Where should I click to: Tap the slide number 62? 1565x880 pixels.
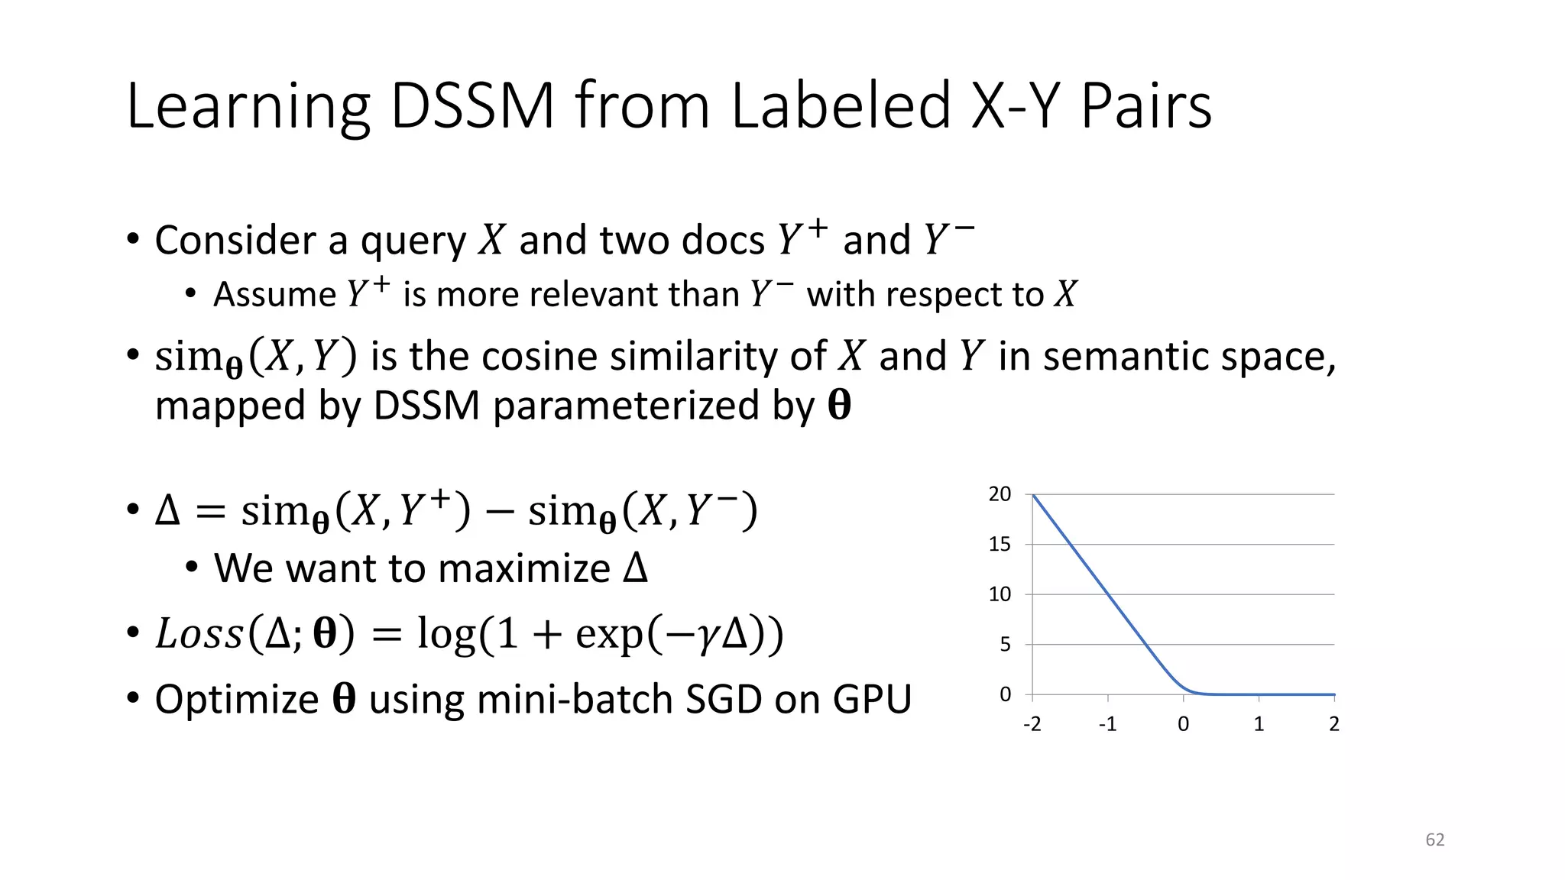[x=1435, y=840]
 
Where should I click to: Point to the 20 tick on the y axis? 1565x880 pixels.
[x=1000, y=494]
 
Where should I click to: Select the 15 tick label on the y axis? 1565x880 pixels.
[x=1000, y=545]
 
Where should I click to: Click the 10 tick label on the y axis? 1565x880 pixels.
[x=1000, y=594]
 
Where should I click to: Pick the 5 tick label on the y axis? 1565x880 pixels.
[x=1005, y=645]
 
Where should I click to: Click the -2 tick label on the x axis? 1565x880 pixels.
[x=1032, y=724]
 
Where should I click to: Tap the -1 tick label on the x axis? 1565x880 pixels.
[x=1107, y=724]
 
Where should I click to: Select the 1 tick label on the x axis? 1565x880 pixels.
[x=1259, y=724]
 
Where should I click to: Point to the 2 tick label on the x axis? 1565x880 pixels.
[x=1334, y=724]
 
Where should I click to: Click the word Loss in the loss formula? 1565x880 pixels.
[x=199, y=634]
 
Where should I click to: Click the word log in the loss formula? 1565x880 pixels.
[x=446, y=634]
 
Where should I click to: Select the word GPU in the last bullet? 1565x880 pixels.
[x=872, y=699]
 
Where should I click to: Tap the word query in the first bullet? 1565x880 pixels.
[x=413, y=241]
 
